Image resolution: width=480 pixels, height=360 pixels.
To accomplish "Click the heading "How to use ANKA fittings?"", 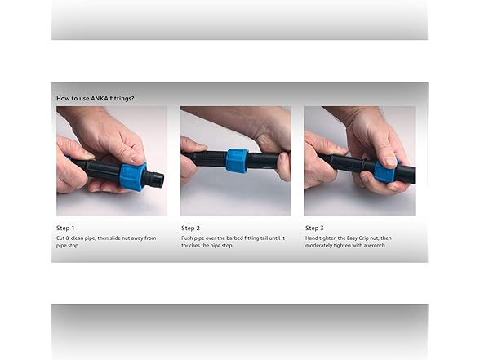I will click(x=96, y=98).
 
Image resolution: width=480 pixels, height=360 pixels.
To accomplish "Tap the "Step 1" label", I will click(x=66, y=228).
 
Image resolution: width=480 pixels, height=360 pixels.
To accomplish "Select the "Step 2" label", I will click(x=190, y=228).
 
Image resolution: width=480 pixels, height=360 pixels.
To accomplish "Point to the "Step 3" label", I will click(x=314, y=228).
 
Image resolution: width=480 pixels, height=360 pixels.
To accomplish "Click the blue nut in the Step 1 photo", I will click(x=131, y=176).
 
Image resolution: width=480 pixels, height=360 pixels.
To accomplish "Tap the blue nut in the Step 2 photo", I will click(x=236, y=160).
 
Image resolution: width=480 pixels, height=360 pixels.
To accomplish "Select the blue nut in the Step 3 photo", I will click(x=384, y=171).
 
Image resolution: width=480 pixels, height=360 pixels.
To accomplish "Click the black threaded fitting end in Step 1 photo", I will click(x=153, y=179).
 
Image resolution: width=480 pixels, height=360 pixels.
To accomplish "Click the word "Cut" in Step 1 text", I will click(x=62, y=238).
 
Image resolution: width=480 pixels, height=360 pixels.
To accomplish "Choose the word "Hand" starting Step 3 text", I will click(x=312, y=238).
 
